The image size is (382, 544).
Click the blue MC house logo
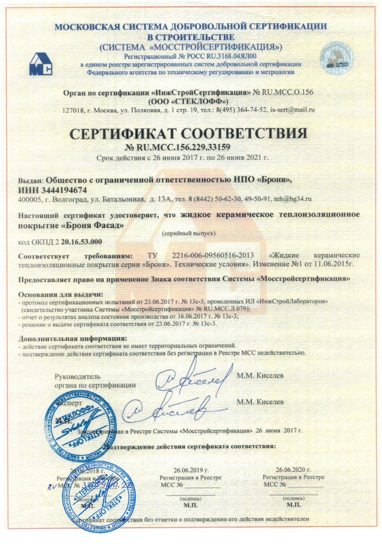[x=41, y=64]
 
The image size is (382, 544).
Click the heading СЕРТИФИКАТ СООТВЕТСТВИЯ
[x=188, y=134]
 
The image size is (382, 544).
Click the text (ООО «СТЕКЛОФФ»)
[x=188, y=101]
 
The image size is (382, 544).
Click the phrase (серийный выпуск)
[x=189, y=233]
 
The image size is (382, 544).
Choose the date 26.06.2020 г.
[x=294, y=470]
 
